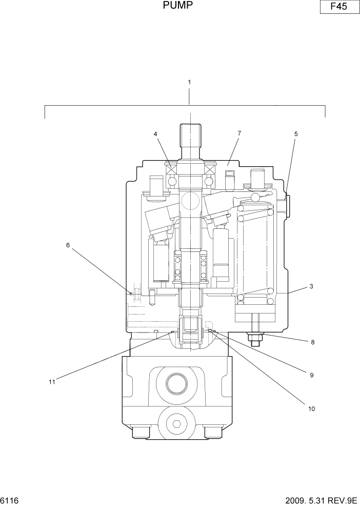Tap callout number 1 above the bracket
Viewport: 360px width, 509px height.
click(189, 82)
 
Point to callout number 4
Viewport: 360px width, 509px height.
click(155, 134)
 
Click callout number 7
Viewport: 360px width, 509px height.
click(239, 133)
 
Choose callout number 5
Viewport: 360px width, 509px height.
click(295, 134)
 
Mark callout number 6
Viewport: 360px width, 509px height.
click(68, 245)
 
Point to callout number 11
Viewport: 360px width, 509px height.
click(51, 381)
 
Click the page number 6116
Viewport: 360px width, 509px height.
click(10, 500)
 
